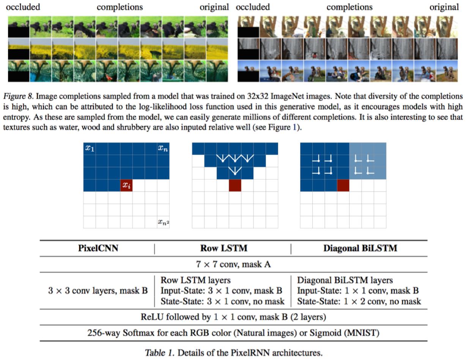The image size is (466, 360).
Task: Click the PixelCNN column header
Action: [x=98, y=249]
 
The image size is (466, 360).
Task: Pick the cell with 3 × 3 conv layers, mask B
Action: [x=98, y=292]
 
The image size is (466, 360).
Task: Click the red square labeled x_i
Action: [x=126, y=186]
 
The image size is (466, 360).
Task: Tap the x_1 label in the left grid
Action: [x=90, y=148]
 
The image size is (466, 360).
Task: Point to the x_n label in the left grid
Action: [x=163, y=148]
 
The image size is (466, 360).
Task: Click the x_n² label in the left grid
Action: [x=164, y=222]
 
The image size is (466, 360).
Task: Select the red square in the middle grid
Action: [x=235, y=185]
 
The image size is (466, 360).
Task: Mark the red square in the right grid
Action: [x=343, y=185]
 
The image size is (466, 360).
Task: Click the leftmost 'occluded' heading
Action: [x=23, y=7]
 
